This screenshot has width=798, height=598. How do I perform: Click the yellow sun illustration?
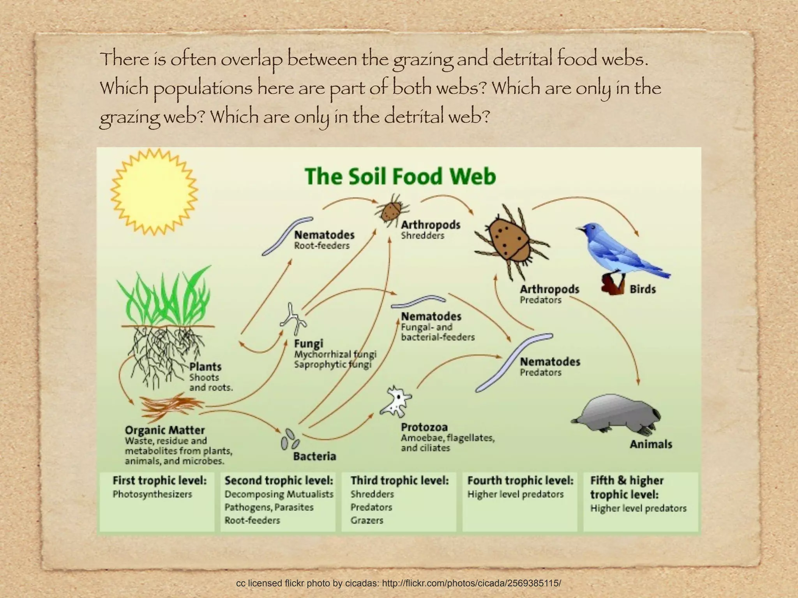coord(154,192)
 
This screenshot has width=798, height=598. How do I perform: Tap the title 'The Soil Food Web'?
coord(400,176)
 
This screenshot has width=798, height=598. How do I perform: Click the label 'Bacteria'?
coord(314,456)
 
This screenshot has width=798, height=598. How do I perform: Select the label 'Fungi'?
coord(309,344)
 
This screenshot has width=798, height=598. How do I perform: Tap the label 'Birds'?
coord(643,289)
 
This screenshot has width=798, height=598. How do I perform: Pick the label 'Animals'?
coord(651,444)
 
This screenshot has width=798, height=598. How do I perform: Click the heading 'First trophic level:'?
coord(159,480)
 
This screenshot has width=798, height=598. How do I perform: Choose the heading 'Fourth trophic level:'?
coord(520,480)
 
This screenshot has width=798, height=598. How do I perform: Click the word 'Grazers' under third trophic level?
coord(367,520)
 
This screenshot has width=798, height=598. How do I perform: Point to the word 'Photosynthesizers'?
coord(152,494)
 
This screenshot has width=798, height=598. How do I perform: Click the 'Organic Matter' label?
coord(164,430)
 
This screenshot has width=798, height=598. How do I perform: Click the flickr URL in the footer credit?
coord(471,583)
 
